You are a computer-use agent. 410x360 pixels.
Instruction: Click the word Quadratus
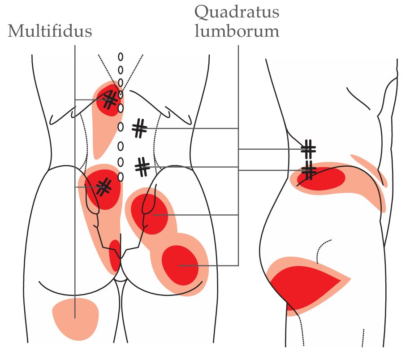point(237,12)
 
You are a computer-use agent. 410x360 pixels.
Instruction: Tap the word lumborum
point(237,31)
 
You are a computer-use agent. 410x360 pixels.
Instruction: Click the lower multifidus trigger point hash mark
point(104,187)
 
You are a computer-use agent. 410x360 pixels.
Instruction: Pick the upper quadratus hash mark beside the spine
point(139,128)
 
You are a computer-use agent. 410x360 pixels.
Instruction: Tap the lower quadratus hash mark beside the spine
point(142,167)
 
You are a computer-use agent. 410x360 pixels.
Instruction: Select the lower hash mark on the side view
point(309,170)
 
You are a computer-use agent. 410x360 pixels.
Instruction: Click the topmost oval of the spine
point(120,57)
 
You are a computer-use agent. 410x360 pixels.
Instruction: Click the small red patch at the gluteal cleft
point(115,256)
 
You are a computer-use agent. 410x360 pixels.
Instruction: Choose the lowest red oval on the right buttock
point(180,265)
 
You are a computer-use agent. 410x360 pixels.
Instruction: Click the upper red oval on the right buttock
point(149,214)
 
